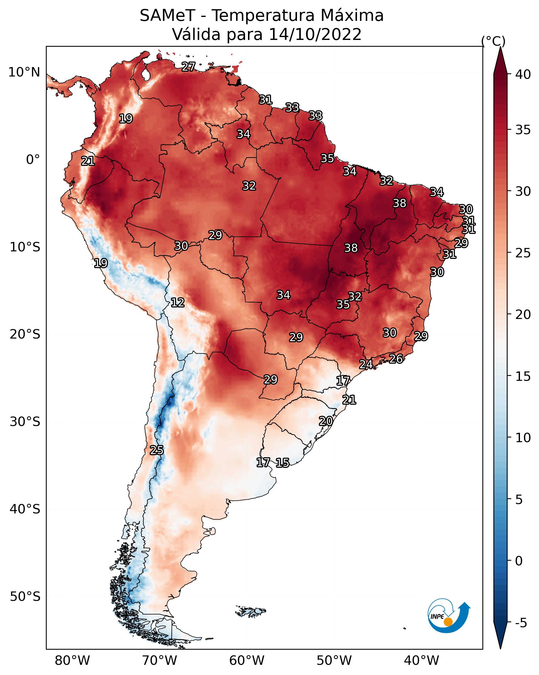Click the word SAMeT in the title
[x=167, y=16]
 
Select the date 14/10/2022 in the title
[x=315, y=34]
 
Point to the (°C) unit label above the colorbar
[x=493, y=41]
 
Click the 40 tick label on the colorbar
[x=523, y=74]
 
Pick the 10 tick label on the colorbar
[x=523, y=438]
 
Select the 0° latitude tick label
[x=33, y=160]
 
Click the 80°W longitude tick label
[x=72, y=661]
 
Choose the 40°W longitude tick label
[x=421, y=661]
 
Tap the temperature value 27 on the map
[x=188, y=67]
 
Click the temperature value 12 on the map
[x=177, y=303]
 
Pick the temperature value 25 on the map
[x=156, y=450]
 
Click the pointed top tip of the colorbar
[x=500, y=47]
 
